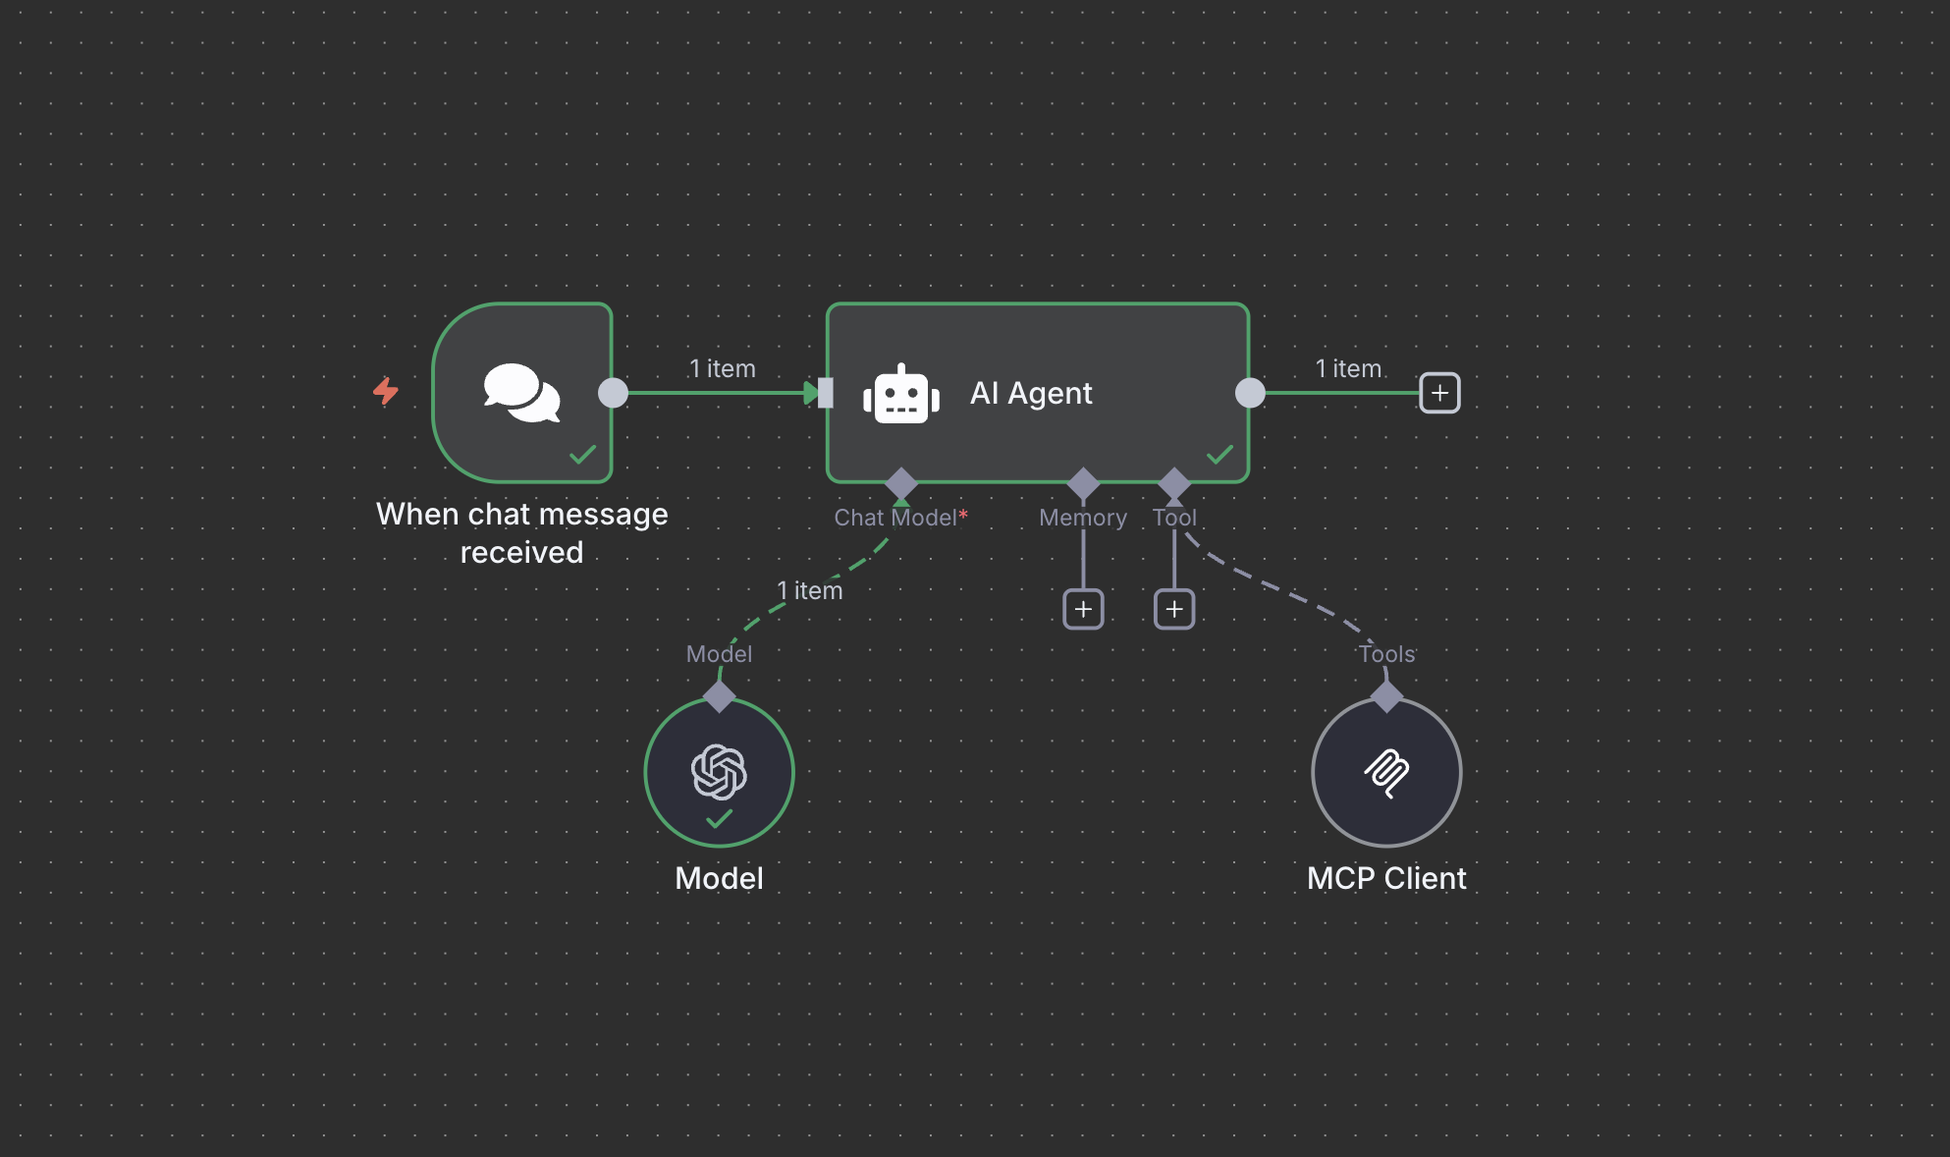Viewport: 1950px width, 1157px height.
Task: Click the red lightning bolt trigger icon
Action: point(386,391)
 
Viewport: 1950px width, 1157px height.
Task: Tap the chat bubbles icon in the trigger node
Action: point(521,392)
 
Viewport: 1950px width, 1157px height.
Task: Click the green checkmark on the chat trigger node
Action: point(583,454)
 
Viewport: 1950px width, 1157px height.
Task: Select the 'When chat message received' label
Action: point(521,532)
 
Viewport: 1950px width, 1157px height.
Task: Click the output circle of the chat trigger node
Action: point(613,393)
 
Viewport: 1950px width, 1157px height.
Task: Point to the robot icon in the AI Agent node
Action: point(900,394)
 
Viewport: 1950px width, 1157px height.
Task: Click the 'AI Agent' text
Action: point(1031,393)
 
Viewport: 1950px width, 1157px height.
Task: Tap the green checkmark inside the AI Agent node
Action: point(1219,454)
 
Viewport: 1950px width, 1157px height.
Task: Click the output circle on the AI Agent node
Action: point(1250,393)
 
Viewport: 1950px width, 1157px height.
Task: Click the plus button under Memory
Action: point(1083,609)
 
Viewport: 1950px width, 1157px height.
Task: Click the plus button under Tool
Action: point(1174,609)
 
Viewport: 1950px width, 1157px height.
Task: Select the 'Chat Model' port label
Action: point(895,518)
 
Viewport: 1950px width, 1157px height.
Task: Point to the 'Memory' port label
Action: point(1083,518)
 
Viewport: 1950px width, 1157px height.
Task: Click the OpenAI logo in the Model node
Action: point(719,771)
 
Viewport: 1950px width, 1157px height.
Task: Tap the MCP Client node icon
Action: point(1386,773)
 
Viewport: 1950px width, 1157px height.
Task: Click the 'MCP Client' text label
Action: point(1386,878)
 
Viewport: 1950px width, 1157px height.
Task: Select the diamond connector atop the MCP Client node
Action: point(1386,696)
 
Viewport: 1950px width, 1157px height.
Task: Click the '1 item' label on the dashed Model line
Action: point(810,590)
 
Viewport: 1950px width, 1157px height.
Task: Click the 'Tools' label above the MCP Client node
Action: point(1386,654)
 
